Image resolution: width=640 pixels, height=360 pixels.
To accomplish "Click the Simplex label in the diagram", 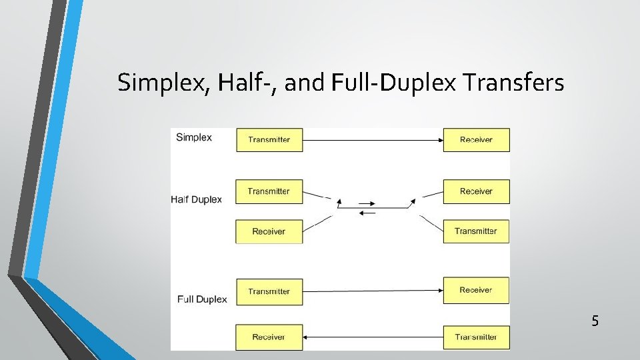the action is pyautogui.click(x=193, y=137).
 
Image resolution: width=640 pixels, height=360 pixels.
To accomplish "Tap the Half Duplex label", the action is pyautogui.click(x=196, y=199).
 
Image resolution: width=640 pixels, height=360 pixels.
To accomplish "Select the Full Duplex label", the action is pyautogui.click(x=202, y=299).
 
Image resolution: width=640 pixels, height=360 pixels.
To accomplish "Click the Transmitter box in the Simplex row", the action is pyautogui.click(x=269, y=140).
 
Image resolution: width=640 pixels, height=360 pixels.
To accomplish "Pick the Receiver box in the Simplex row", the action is pyautogui.click(x=476, y=140).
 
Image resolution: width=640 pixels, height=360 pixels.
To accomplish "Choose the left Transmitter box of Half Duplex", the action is pyautogui.click(x=269, y=191).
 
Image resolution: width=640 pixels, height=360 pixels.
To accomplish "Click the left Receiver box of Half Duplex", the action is pyautogui.click(x=269, y=231).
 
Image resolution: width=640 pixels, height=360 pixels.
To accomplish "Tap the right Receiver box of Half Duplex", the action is pyautogui.click(x=476, y=191).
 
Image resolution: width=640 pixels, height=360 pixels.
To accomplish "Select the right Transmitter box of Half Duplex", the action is pyautogui.click(x=476, y=231).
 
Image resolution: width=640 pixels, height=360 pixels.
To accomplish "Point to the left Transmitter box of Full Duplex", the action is pyautogui.click(x=269, y=291).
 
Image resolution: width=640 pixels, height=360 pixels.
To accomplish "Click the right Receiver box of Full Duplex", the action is pyautogui.click(x=476, y=290).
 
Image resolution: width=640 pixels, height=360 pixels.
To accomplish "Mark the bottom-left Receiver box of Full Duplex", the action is pyautogui.click(x=269, y=337).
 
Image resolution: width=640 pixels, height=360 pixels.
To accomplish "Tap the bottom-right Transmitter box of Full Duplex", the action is pyautogui.click(x=476, y=337).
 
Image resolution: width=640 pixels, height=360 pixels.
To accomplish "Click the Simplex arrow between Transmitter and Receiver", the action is pyautogui.click(x=373, y=140).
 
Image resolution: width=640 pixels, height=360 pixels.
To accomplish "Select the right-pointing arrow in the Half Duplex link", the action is pyautogui.click(x=367, y=203).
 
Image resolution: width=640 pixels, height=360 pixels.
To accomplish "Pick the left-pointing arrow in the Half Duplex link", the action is pyautogui.click(x=367, y=213).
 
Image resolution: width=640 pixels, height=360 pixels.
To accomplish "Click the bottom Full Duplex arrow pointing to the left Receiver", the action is pyautogui.click(x=373, y=337).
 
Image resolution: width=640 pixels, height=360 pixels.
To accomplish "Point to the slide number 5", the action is pyautogui.click(x=595, y=321).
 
